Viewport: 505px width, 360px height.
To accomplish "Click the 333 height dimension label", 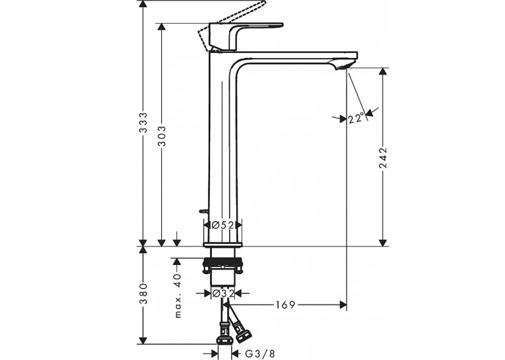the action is tap(143, 122).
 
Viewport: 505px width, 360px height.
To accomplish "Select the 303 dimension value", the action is tap(162, 135).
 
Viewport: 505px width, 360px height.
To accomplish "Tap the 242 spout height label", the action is tap(383, 158).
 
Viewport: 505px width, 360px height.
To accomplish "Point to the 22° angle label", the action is tap(356, 119).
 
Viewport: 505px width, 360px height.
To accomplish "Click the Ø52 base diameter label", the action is tap(222, 225).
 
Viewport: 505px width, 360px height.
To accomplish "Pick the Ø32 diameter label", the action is tap(222, 293).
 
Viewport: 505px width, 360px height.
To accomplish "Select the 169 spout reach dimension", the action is tap(285, 305).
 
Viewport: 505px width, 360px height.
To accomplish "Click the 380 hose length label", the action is tap(143, 293).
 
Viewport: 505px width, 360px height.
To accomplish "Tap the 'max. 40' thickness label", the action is tap(178, 295).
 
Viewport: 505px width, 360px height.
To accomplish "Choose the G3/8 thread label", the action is tap(260, 353).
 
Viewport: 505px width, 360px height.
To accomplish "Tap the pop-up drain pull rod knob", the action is tap(203, 211).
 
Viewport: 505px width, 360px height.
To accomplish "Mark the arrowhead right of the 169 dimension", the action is tap(343, 305).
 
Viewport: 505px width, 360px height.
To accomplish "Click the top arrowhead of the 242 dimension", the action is tap(383, 71).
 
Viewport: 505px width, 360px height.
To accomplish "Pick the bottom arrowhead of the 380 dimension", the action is tap(143, 340).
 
